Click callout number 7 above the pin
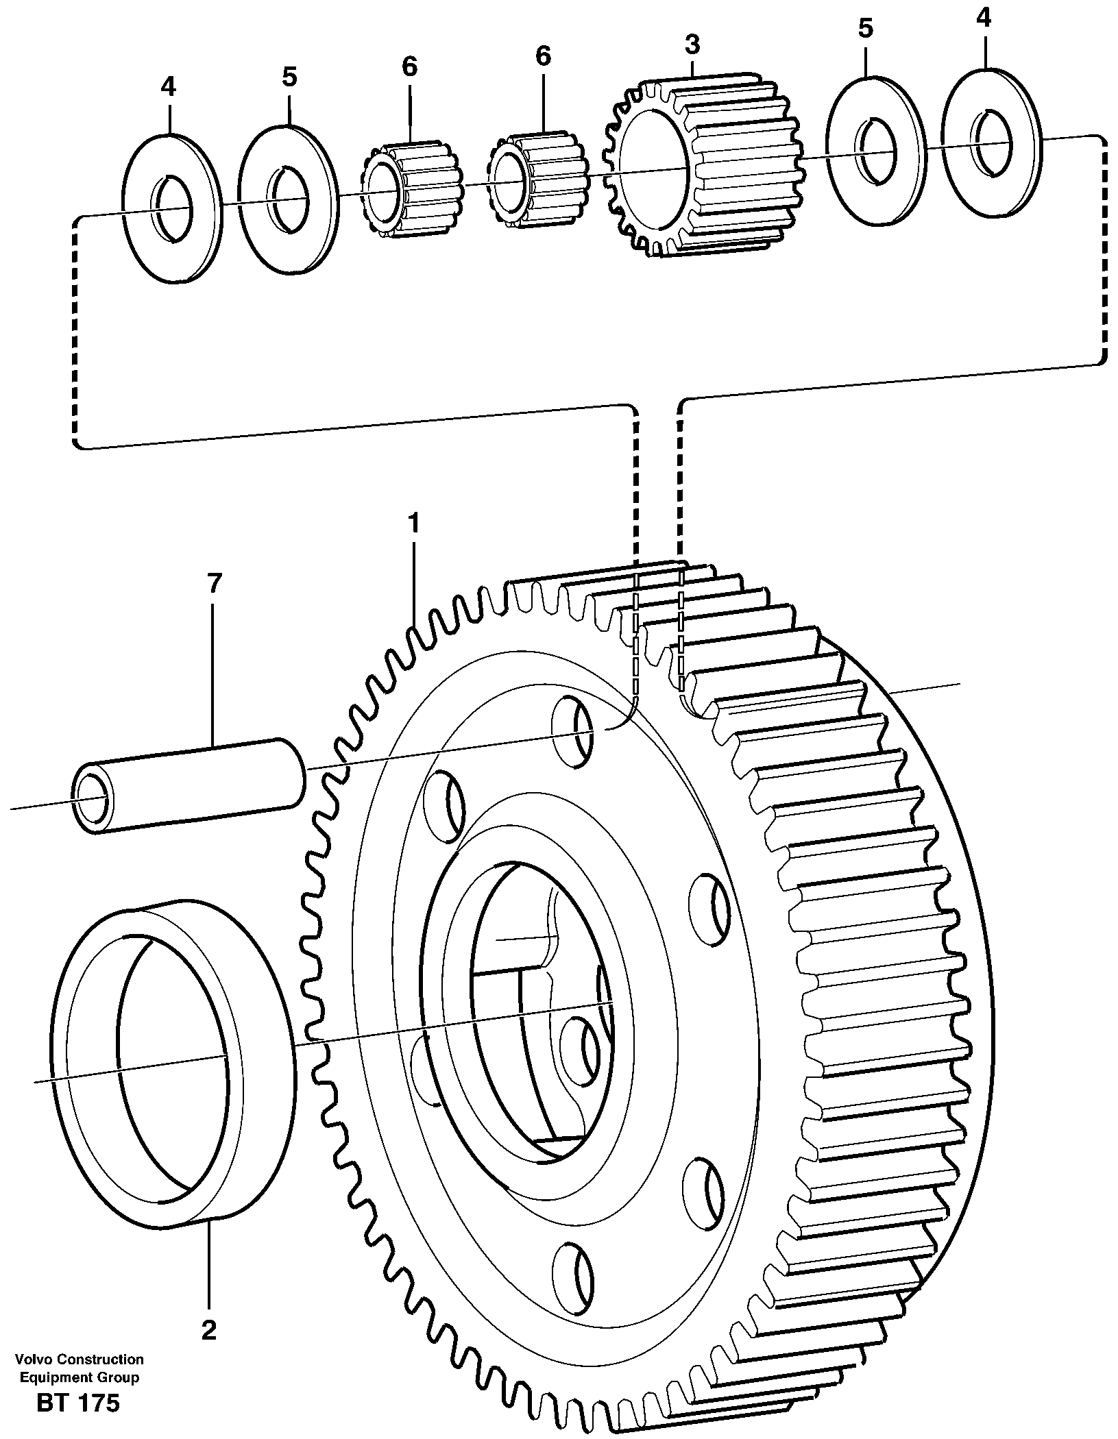pos(214,584)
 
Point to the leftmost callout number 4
pos(168,86)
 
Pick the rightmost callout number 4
pos(984,17)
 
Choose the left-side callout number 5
pos(289,76)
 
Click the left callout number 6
pos(409,66)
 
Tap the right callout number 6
pos(543,56)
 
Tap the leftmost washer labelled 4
pos(171,209)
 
